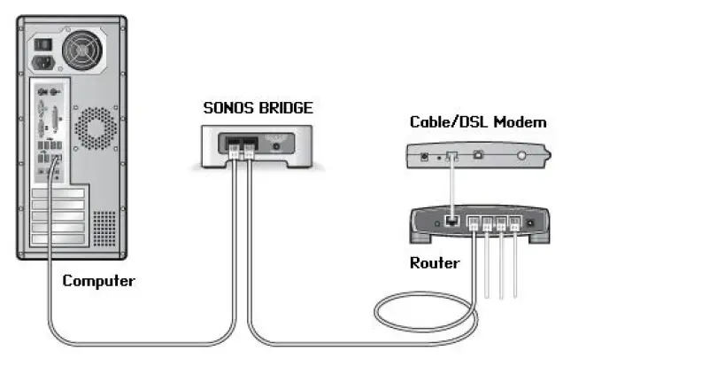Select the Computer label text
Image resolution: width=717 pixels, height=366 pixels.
tap(98, 281)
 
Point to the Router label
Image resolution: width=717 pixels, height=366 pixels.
tap(434, 263)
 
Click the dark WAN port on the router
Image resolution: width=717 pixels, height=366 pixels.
tap(451, 221)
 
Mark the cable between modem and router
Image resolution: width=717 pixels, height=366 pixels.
tap(451, 186)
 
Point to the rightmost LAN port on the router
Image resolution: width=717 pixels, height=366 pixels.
tap(514, 223)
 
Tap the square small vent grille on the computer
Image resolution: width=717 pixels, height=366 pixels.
tap(104, 225)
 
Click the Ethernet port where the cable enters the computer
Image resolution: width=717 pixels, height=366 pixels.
tap(55, 161)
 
